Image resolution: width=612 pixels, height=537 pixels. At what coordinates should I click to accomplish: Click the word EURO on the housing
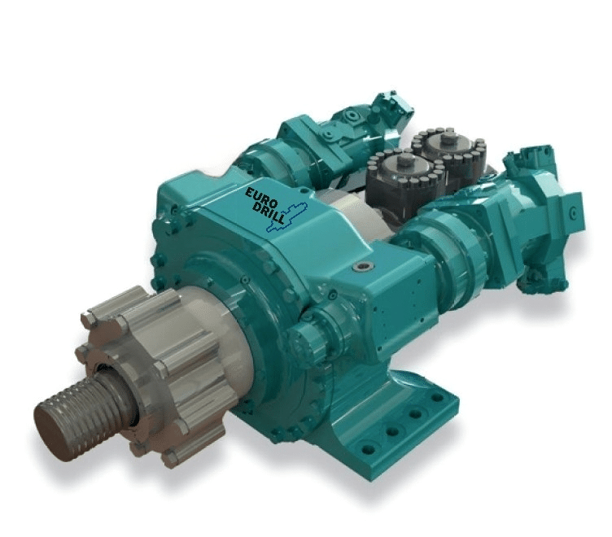pyautogui.click(x=260, y=195)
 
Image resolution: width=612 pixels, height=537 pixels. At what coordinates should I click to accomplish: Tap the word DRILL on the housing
pyautogui.click(x=268, y=213)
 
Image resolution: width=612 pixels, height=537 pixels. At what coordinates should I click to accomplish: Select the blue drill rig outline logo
pyautogui.click(x=287, y=216)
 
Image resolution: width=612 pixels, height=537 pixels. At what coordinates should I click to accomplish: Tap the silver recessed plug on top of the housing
pyautogui.click(x=363, y=267)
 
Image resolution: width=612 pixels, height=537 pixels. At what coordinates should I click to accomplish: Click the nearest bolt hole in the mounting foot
pyautogui.click(x=367, y=450)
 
